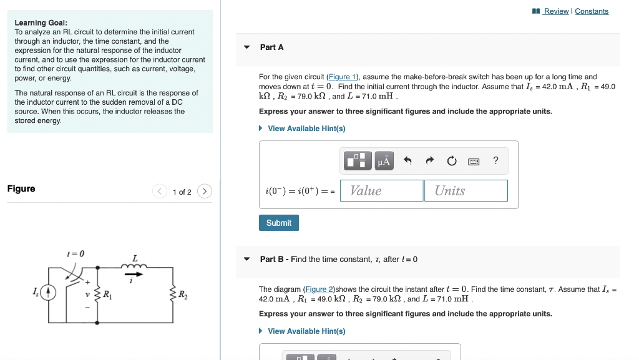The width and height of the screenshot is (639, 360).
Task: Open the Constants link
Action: point(592,11)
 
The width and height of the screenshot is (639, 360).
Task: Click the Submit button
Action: point(279,223)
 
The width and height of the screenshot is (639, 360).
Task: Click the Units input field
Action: point(466,191)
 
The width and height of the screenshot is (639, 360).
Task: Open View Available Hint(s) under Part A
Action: point(306,129)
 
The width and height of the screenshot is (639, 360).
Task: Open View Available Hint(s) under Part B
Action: point(306,331)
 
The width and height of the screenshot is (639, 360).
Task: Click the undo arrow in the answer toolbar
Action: point(407,161)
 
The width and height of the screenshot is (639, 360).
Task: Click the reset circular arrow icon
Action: point(452,161)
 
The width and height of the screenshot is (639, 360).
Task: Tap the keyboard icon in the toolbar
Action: point(474,161)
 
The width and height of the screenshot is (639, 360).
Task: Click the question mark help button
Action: point(495,161)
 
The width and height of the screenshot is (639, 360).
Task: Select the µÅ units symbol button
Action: point(383,161)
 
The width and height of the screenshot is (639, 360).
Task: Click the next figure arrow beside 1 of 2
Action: point(205,192)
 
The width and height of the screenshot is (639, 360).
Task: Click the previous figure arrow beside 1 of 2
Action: point(160,192)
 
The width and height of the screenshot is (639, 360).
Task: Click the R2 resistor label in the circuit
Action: point(183,294)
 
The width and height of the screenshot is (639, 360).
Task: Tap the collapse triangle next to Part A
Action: point(246,47)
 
